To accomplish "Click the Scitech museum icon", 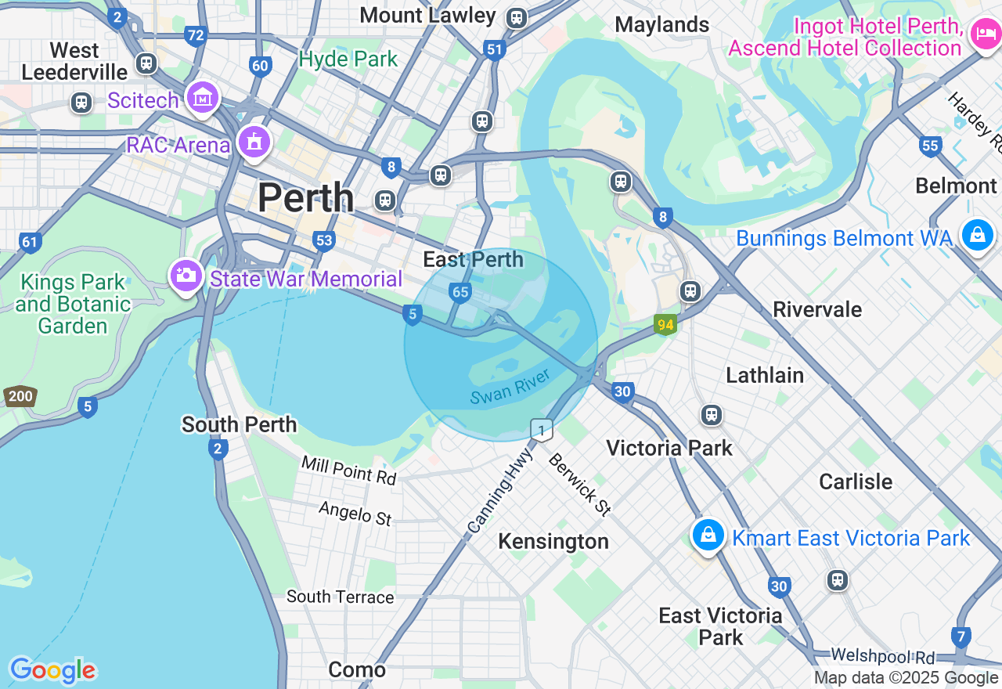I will pos(203,98).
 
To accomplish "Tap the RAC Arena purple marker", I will pos(254,142).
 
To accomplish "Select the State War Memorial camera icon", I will pos(186,275).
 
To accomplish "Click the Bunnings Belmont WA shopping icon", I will pos(977,234).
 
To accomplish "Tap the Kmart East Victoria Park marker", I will pos(708,535).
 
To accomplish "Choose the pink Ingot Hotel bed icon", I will pos(982,34).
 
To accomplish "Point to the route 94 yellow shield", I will pos(665,324).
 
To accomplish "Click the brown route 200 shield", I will pos(20,396).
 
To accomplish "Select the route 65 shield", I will pos(460,293).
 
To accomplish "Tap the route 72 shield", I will pos(196,35).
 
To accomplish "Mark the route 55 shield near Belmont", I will pos(930,145).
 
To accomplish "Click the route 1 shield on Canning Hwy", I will pos(541,430).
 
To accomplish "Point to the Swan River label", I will pos(510,386).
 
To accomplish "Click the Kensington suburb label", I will pos(553,541).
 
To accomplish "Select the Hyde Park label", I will pos(348,59).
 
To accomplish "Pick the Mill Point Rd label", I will pos(349,471).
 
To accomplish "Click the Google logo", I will pos(52,670).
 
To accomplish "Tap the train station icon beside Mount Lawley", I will pos(516,17).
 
